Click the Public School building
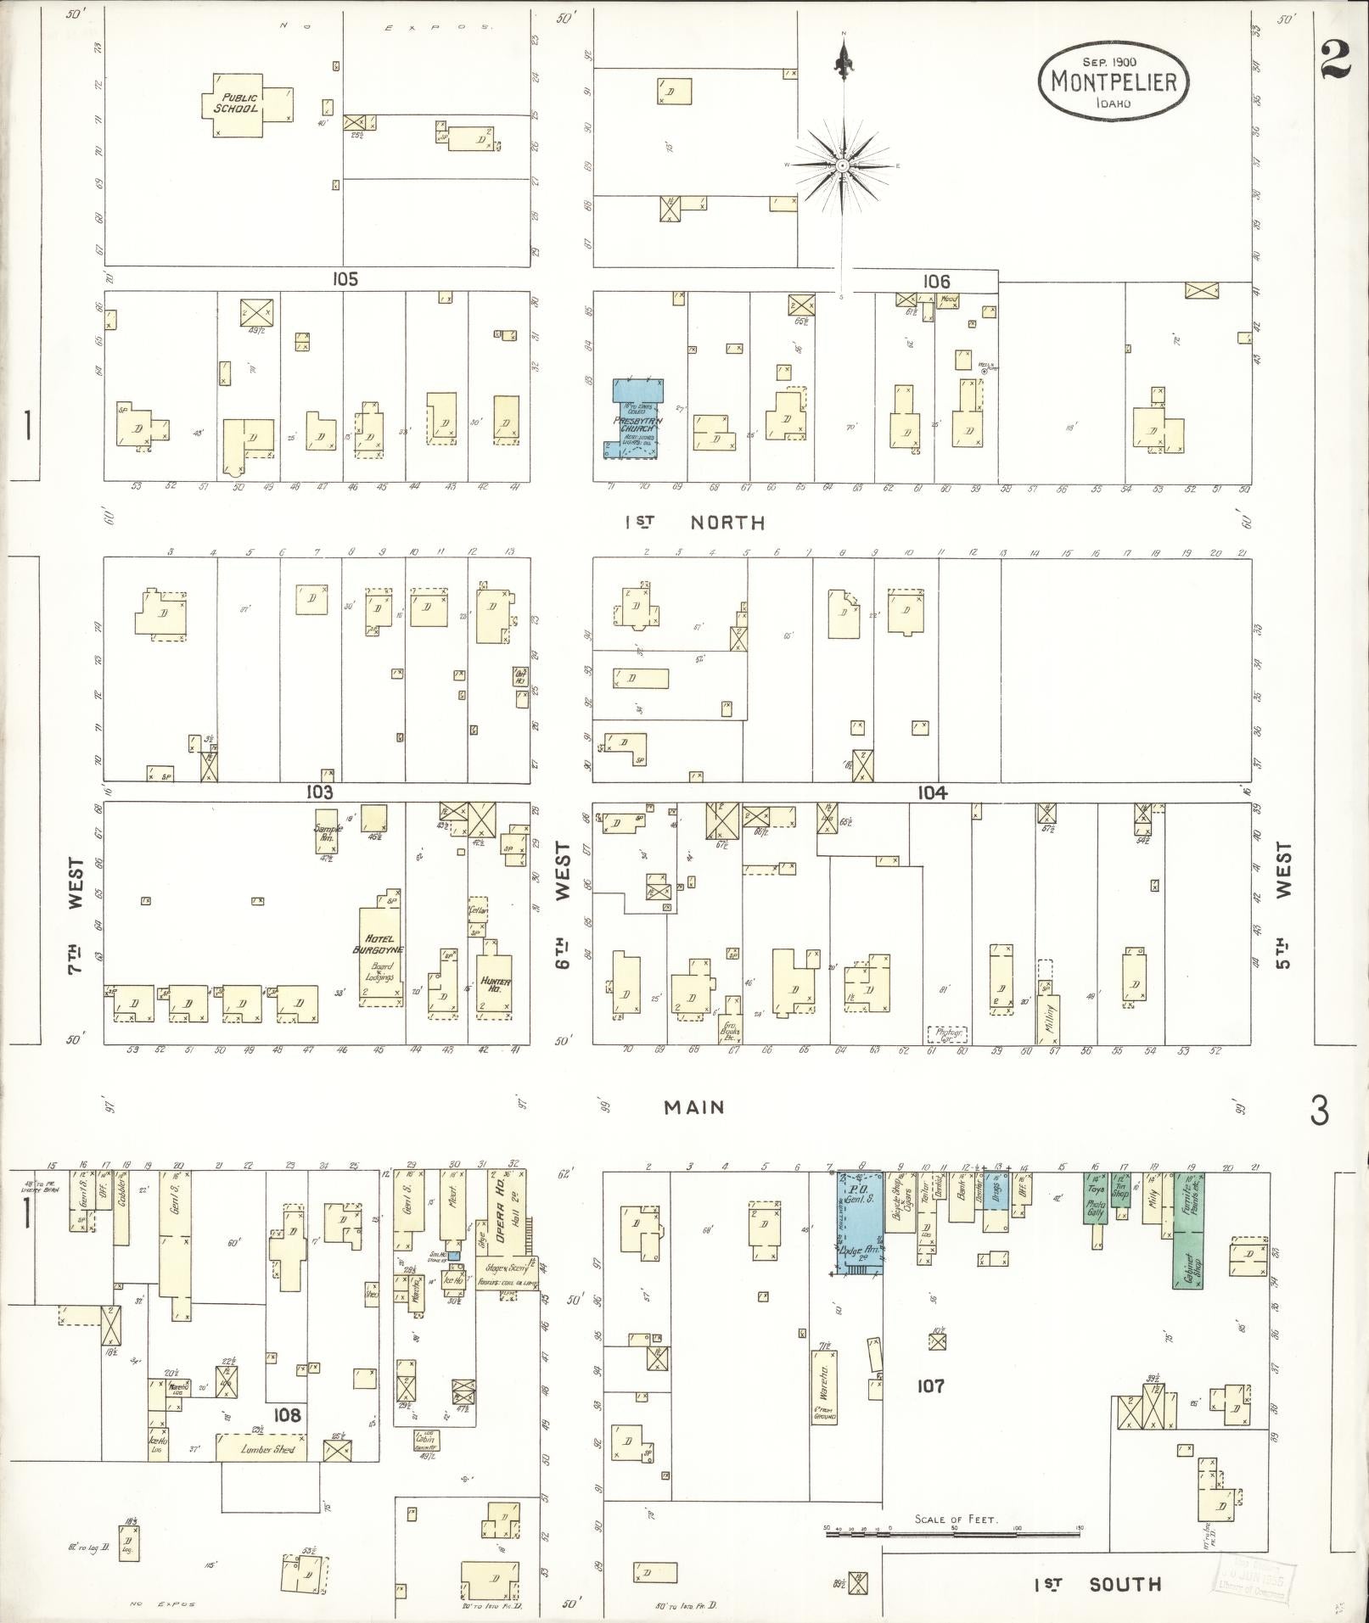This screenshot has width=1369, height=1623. click(240, 104)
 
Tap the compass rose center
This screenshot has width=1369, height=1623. click(843, 165)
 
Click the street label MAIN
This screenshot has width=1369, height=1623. click(694, 1106)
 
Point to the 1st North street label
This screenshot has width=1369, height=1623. click(694, 523)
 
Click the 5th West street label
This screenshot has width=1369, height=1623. click(1282, 905)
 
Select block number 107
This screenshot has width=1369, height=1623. click(930, 1385)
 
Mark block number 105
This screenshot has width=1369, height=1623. click(345, 278)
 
